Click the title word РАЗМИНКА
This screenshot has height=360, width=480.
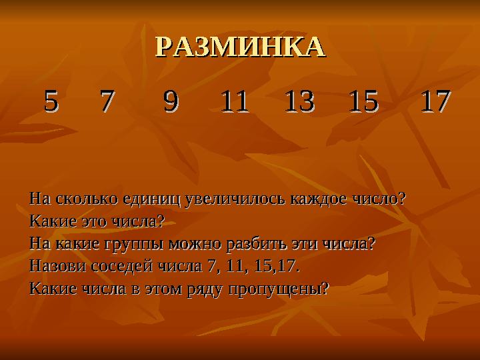point(240,47)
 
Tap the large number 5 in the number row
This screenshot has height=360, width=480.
point(51,101)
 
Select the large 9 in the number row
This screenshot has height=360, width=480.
point(171,101)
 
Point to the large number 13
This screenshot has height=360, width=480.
point(299,101)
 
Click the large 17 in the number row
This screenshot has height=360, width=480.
point(435,101)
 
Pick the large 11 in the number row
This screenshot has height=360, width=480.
point(235,101)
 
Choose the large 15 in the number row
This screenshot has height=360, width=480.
point(364,101)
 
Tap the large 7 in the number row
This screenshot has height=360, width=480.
point(108,101)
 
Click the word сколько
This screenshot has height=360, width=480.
point(87,199)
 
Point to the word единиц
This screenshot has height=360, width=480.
point(151,199)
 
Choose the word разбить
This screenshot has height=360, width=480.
point(256,244)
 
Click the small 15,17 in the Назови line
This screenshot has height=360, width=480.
point(277,266)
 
